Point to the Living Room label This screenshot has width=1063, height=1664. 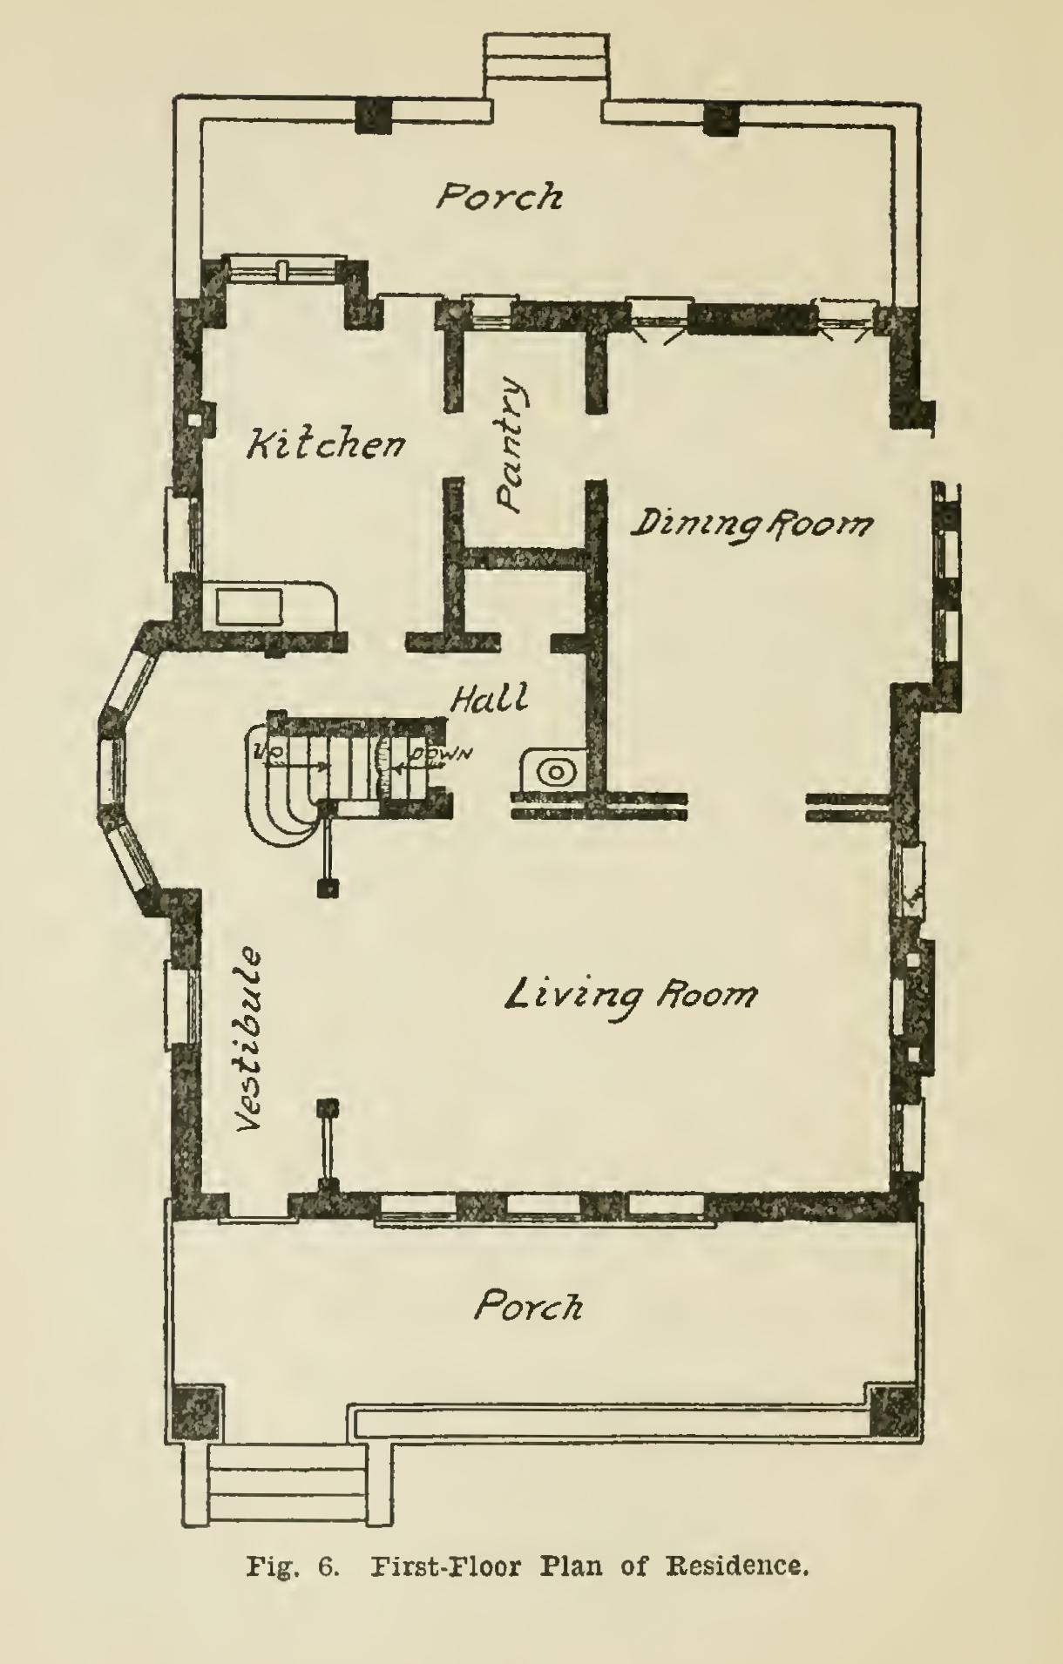[632, 994]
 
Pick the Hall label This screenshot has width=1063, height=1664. [490, 698]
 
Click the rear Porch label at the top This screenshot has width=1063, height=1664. [499, 196]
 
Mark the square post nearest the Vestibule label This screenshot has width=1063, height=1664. [328, 1109]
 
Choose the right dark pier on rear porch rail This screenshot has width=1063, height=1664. [722, 118]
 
